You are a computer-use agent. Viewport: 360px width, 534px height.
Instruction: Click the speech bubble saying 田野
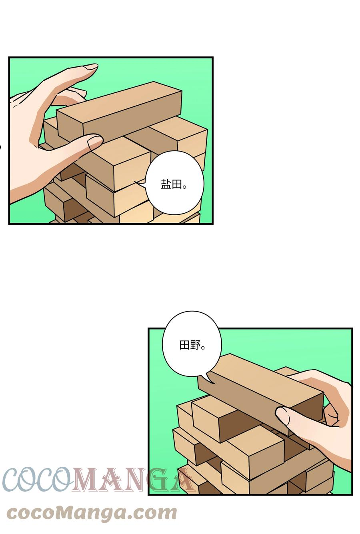[x=192, y=346]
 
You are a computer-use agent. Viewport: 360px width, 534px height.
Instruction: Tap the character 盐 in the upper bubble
[x=166, y=184]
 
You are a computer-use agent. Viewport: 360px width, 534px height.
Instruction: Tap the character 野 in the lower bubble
[x=195, y=345]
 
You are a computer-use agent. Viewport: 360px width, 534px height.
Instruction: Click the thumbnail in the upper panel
[x=95, y=143]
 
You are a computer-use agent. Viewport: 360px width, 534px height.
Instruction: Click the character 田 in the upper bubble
[x=177, y=184]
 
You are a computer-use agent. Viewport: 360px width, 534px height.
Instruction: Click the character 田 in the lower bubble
[x=184, y=345]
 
